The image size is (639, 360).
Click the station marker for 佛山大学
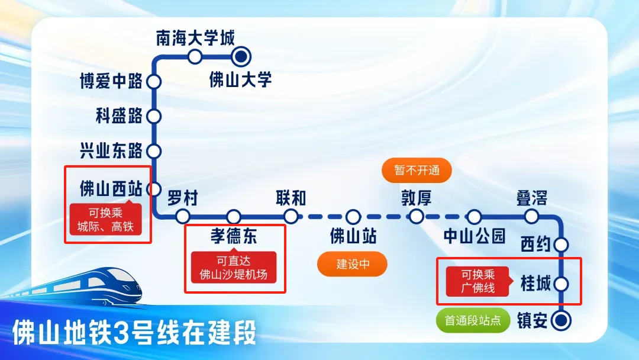(x=241, y=57)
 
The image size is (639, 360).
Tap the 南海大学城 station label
(x=195, y=38)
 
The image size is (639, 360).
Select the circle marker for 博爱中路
(x=154, y=82)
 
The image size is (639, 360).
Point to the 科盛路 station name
(x=119, y=116)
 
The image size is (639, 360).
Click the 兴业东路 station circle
(x=154, y=151)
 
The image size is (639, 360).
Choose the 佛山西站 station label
(x=111, y=189)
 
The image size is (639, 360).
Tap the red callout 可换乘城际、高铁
(x=106, y=219)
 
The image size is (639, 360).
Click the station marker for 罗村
(x=183, y=216)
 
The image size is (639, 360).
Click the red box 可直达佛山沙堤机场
(x=234, y=267)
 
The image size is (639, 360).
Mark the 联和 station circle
(x=291, y=216)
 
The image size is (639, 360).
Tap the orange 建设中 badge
(x=353, y=264)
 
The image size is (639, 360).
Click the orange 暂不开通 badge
(x=417, y=171)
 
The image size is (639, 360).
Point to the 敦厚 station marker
(x=417, y=216)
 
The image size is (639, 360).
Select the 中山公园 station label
(x=475, y=236)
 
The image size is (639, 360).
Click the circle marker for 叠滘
(x=532, y=216)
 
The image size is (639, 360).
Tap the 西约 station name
(x=535, y=244)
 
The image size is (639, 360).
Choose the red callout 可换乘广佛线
(x=478, y=281)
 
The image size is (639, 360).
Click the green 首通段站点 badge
(x=473, y=320)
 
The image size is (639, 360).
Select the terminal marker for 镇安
(x=561, y=320)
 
